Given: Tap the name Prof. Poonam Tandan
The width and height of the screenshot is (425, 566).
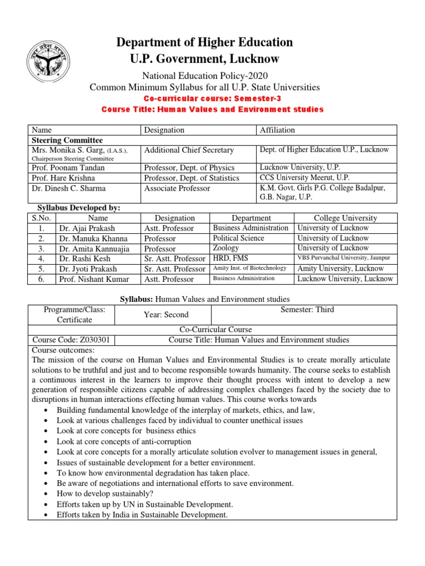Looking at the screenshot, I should point(69,167).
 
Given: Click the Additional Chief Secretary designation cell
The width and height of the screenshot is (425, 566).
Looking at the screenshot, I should point(189,150).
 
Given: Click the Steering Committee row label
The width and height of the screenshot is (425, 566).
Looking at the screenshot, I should point(68,140).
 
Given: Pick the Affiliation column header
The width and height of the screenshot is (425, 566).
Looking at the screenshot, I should point(278,130).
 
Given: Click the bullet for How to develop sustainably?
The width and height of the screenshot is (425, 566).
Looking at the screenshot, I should point(45,494).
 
